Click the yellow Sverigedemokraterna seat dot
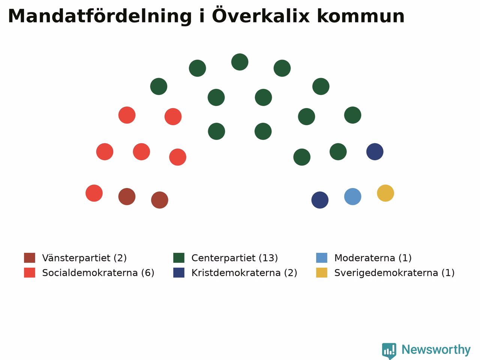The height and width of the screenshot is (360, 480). pyautogui.click(x=385, y=193)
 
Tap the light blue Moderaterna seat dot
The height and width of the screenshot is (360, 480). pyautogui.click(x=352, y=196)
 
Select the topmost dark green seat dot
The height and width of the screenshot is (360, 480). pyautogui.click(x=240, y=62)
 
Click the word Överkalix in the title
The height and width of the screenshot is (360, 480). pyautogui.click(x=261, y=16)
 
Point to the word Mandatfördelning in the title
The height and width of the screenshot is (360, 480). pyautogui.click(x=100, y=16)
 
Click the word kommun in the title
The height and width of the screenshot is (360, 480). pyautogui.click(x=361, y=16)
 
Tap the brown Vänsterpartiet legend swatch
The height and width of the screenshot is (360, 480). pyautogui.click(x=30, y=258)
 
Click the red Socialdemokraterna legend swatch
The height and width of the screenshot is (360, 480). pyautogui.click(x=30, y=273)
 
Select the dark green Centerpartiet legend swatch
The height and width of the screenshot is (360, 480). pyautogui.click(x=178, y=258)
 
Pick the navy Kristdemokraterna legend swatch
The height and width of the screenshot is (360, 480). pyautogui.click(x=178, y=273)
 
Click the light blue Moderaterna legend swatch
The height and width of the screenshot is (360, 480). pyautogui.click(x=322, y=258)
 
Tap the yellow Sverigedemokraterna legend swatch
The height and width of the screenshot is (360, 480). pyautogui.click(x=322, y=273)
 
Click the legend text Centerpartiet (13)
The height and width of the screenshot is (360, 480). pyautogui.click(x=235, y=258)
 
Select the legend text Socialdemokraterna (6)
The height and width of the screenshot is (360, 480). pyautogui.click(x=98, y=273)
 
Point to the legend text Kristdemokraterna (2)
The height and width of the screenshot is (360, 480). pyautogui.click(x=244, y=273)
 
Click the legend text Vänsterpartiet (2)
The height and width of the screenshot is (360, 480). pyautogui.click(x=84, y=258)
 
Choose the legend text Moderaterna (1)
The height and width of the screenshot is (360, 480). pyautogui.click(x=373, y=258)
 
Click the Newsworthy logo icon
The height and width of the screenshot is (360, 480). pyautogui.click(x=389, y=351)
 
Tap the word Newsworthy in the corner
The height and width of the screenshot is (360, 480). pyautogui.click(x=436, y=350)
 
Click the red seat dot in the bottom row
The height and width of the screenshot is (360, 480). pyautogui.click(x=94, y=193)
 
